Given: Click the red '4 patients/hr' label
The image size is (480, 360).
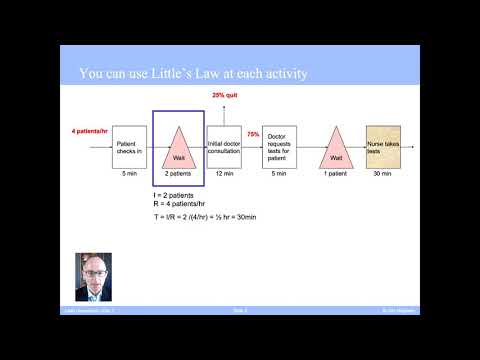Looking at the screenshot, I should click(91, 132).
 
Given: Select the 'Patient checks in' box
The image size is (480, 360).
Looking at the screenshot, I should click(128, 147).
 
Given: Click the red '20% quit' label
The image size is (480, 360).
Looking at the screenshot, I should click(223, 95).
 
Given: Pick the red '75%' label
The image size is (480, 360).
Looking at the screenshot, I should click(253, 134).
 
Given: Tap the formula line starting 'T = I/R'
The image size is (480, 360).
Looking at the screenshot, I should click(206, 218).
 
